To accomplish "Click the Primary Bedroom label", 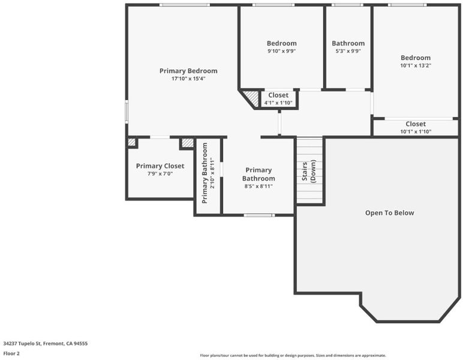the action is click(x=188, y=71).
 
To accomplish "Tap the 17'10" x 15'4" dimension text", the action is click(x=188, y=79).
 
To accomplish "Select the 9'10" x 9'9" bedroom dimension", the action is click(x=282, y=51).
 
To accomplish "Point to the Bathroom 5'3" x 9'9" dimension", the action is click(x=348, y=51).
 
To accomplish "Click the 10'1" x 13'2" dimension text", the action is click(x=416, y=65).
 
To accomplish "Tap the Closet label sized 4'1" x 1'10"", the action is click(x=278, y=95).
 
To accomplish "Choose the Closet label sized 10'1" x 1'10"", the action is click(x=416, y=124).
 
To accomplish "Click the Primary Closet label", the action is click(x=160, y=166).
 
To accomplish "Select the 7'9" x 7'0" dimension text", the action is click(x=160, y=173).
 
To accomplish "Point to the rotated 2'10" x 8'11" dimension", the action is click(x=212, y=173).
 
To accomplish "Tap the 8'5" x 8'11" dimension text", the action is click(x=258, y=186).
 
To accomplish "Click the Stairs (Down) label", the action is click(x=309, y=171).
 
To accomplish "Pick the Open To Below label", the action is click(x=389, y=212).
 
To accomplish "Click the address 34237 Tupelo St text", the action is click(x=22, y=343).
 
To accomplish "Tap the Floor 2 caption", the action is click(x=11, y=353).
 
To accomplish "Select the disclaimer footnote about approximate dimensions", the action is click(x=293, y=355).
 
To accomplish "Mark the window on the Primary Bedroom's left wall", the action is click(x=127, y=112).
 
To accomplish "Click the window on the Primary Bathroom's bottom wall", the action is click(x=259, y=215).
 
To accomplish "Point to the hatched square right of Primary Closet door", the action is click(x=188, y=143).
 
